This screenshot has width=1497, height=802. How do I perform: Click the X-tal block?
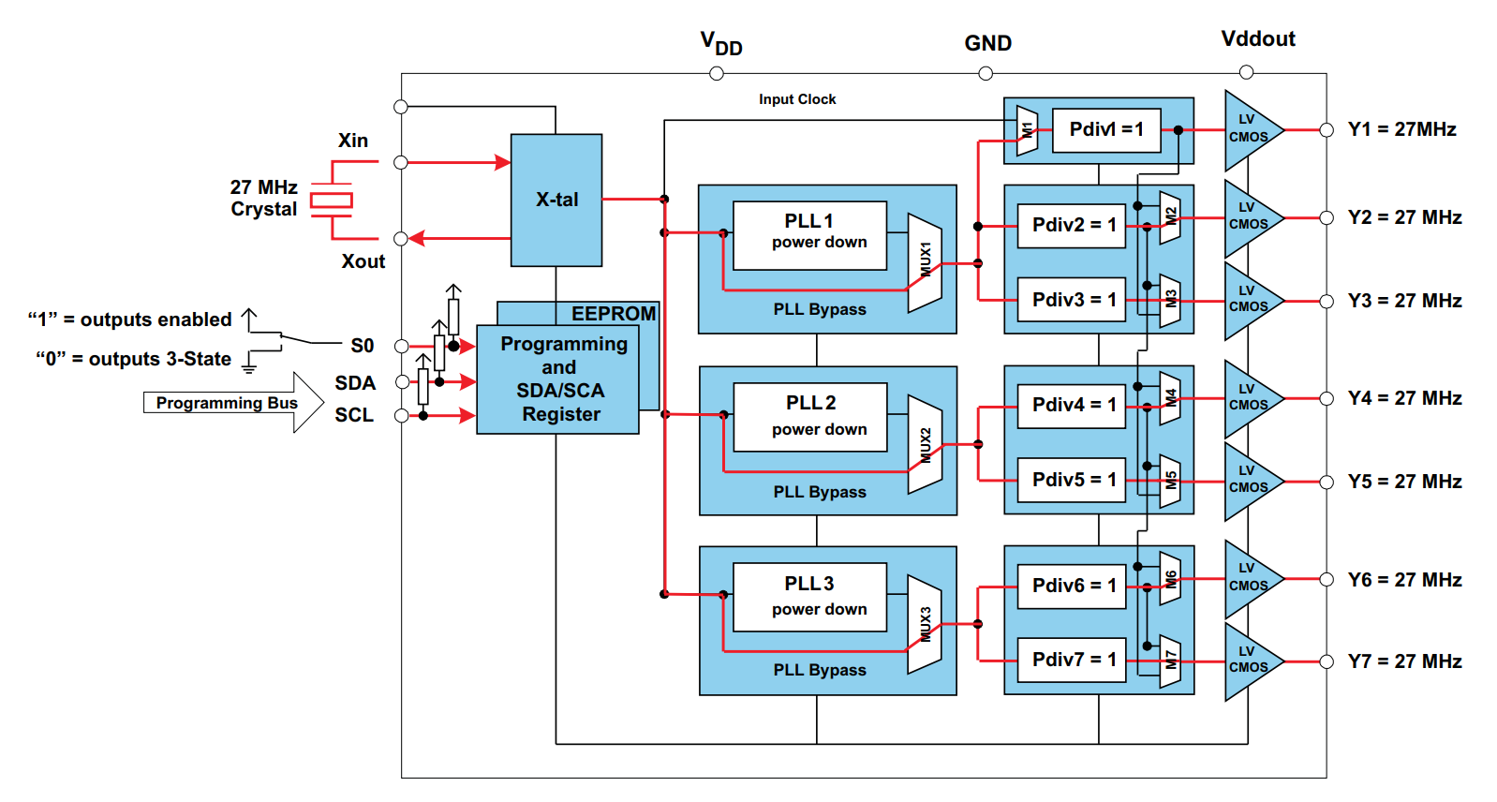tap(556, 200)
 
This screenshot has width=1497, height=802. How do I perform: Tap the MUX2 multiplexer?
tap(926, 445)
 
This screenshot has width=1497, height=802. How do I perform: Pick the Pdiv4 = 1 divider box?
tap(1072, 406)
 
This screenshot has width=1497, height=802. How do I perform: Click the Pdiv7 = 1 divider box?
tap(1072, 661)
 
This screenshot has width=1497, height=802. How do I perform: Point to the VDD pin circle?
tap(717, 73)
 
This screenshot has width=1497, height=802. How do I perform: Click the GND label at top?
tap(987, 43)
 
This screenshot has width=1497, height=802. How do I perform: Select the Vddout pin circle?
tap(1246, 72)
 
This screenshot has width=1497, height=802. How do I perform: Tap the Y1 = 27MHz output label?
tap(1401, 129)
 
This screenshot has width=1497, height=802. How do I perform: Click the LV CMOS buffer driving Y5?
tap(1250, 481)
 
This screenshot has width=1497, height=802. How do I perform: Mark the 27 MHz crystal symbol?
tap(332, 200)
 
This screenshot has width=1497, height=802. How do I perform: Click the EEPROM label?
tap(614, 314)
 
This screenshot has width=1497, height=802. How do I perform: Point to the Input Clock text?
tap(797, 99)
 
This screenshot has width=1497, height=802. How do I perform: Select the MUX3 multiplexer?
tap(926, 624)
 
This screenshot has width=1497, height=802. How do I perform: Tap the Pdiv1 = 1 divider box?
tap(1105, 130)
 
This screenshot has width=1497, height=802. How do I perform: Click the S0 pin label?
tap(363, 346)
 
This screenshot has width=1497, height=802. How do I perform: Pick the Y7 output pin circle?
tap(1327, 661)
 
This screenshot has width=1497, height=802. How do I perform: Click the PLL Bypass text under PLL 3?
tap(820, 670)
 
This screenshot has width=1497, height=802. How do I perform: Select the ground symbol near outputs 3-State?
tap(249, 364)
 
